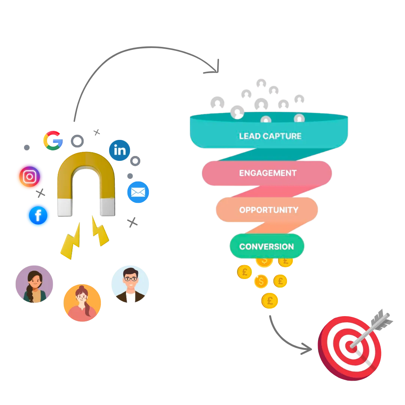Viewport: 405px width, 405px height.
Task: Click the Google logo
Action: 52,141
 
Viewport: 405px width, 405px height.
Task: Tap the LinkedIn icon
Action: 120,150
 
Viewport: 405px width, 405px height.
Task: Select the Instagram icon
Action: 30,177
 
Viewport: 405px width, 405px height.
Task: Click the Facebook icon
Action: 38,216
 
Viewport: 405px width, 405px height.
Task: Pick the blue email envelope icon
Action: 138,192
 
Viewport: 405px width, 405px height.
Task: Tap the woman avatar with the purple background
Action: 34,283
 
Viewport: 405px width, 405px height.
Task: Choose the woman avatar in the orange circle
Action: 82,303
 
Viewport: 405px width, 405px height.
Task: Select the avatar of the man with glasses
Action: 130,283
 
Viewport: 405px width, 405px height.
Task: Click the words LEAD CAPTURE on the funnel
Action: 270,136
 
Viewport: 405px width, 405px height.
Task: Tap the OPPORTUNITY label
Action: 268,210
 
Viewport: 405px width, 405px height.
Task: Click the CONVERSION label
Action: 267,247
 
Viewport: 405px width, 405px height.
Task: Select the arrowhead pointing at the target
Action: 307,349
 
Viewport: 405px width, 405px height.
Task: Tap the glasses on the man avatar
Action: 130,279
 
